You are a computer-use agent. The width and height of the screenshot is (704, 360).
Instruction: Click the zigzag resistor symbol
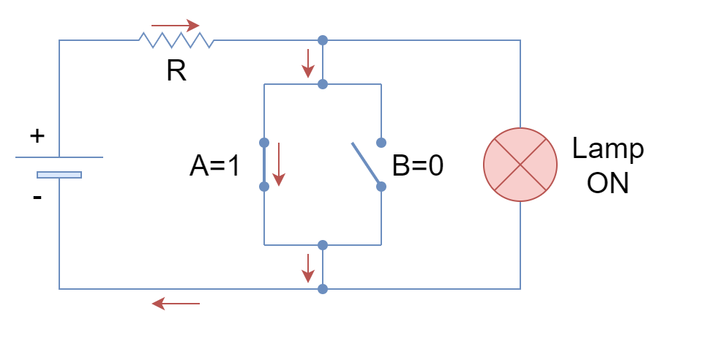coord(176,40)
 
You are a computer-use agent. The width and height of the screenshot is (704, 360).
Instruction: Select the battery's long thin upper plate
coord(59,157)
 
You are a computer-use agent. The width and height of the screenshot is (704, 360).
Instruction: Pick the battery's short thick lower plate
coord(59,175)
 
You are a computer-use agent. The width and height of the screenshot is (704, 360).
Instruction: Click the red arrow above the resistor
coord(176,26)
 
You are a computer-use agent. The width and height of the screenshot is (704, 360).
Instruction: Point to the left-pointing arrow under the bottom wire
coord(176,304)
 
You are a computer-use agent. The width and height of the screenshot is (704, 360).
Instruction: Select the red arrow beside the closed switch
coord(279,165)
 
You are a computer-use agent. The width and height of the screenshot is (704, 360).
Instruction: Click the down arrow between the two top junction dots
coord(308,64)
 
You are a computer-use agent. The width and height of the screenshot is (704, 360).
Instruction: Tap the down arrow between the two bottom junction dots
coord(308,269)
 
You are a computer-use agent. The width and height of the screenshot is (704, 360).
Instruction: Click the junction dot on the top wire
coord(323,40)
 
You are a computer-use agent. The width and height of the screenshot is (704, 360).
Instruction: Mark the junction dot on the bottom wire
coord(323,289)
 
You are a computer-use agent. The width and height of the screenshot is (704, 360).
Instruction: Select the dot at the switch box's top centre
coord(323,84)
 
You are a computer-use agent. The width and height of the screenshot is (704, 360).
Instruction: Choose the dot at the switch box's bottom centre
coord(323,245)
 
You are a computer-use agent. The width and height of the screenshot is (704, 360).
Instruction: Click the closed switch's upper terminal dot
coord(264,143)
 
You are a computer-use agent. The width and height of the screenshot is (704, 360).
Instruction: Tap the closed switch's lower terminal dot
coord(264,187)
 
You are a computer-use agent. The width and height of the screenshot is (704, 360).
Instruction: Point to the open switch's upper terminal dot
coord(381,143)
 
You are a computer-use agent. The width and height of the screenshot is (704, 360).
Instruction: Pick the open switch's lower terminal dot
coord(381,187)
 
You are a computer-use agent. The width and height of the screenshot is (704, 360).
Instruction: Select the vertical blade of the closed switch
coord(264,165)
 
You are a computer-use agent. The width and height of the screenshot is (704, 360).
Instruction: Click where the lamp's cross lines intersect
coord(520,165)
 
